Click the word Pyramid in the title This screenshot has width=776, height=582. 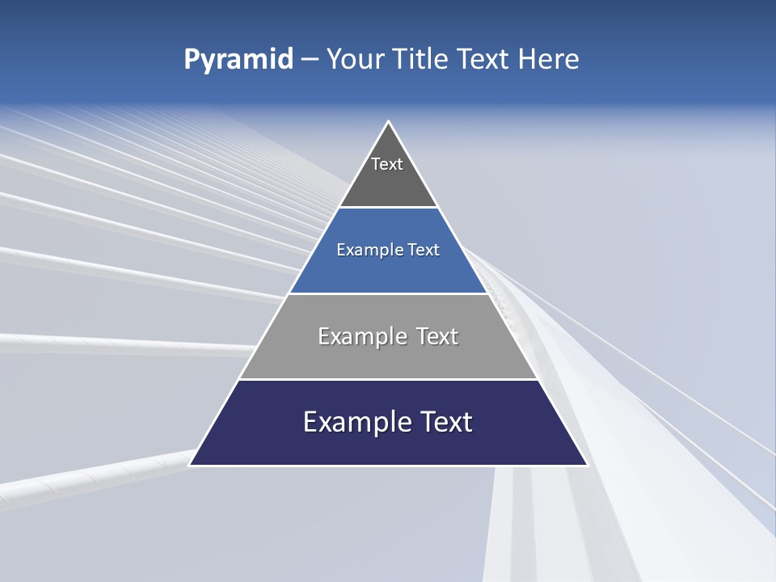point(238,60)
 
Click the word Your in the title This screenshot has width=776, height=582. point(355,59)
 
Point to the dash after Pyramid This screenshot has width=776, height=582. point(310,60)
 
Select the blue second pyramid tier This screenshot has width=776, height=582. point(388,271)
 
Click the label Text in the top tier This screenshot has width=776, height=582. point(387,164)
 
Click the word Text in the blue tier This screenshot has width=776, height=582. point(424,251)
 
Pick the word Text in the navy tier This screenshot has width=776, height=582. point(446,422)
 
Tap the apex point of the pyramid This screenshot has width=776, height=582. point(389,122)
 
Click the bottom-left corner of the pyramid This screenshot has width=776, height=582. point(190,465)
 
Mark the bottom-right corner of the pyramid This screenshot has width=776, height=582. point(587,465)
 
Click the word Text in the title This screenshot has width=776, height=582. point(482,59)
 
